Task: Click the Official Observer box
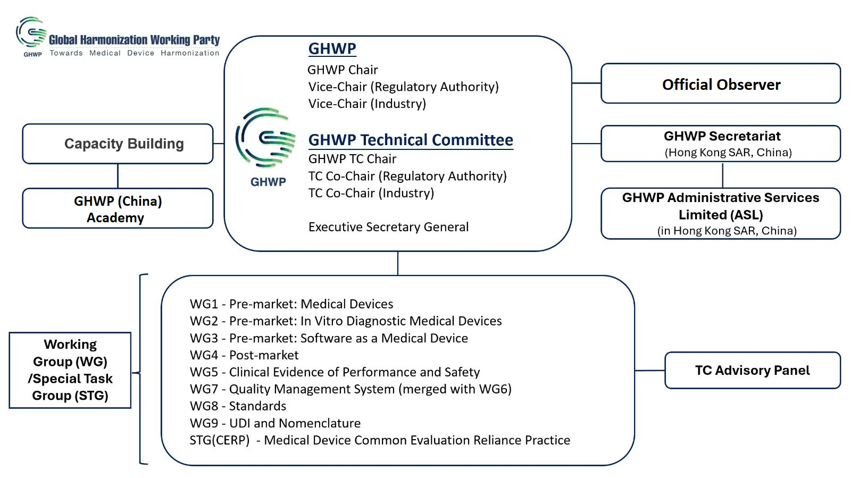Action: pyautogui.click(x=721, y=83)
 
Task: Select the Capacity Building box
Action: pyautogui.click(x=118, y=144)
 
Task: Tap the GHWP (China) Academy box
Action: pyautogui.click(x=118, y=208)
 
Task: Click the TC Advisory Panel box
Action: pyautogui.click(x=753, y=370)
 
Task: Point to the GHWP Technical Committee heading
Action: pyautogui.click(x=411, y=140)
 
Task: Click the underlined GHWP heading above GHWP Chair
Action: pyautogui.click(x=332, y=48)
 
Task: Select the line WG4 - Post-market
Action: pyautogui.click(x=244, y=355)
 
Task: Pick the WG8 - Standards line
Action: pyautogui.click(x=238, y=406)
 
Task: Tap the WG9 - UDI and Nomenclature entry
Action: pyautogui.click(x=275, y=423)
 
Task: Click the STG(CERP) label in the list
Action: pyautogui.click(x=220, y=440)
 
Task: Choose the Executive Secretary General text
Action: pyautogui.click(x=388, y=227)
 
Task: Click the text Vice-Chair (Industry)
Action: pyautogui.click(x=367, y=104)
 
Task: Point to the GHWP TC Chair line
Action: pyautogui.click(x=352, y=158)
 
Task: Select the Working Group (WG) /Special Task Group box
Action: pyautogui.click(x=70, y=370)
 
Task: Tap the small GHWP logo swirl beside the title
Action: pyautogui.click(x=31, y=32)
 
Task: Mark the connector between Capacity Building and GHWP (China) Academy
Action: pyautogui.click(x=118, y=176)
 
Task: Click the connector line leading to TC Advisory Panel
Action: pyautogui.click(x=649, y=370)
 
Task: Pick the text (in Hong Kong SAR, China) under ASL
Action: pyautogui.click(x=727, y=231)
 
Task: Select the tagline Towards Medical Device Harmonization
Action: pyautogui.click(x=135, y=53)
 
